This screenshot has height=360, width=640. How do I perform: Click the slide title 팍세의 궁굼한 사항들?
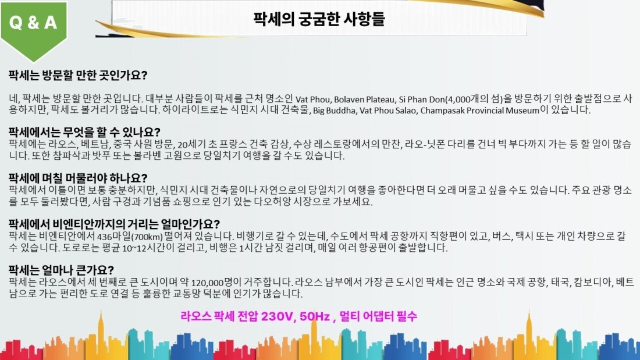319,19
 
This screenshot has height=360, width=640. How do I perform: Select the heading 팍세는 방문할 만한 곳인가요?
78,75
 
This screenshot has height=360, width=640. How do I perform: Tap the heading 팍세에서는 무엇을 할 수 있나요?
84,132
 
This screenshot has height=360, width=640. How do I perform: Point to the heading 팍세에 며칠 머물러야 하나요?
78,178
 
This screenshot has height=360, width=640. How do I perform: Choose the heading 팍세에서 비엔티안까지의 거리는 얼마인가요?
114,224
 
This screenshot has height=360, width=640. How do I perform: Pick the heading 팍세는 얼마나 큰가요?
61,270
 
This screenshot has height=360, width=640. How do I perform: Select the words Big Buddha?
335,111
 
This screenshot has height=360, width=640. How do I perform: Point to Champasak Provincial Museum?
479,111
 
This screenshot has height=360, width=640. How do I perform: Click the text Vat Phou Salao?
389,111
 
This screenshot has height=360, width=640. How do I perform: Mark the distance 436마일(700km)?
130,236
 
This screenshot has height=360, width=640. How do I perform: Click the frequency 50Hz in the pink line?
314,316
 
